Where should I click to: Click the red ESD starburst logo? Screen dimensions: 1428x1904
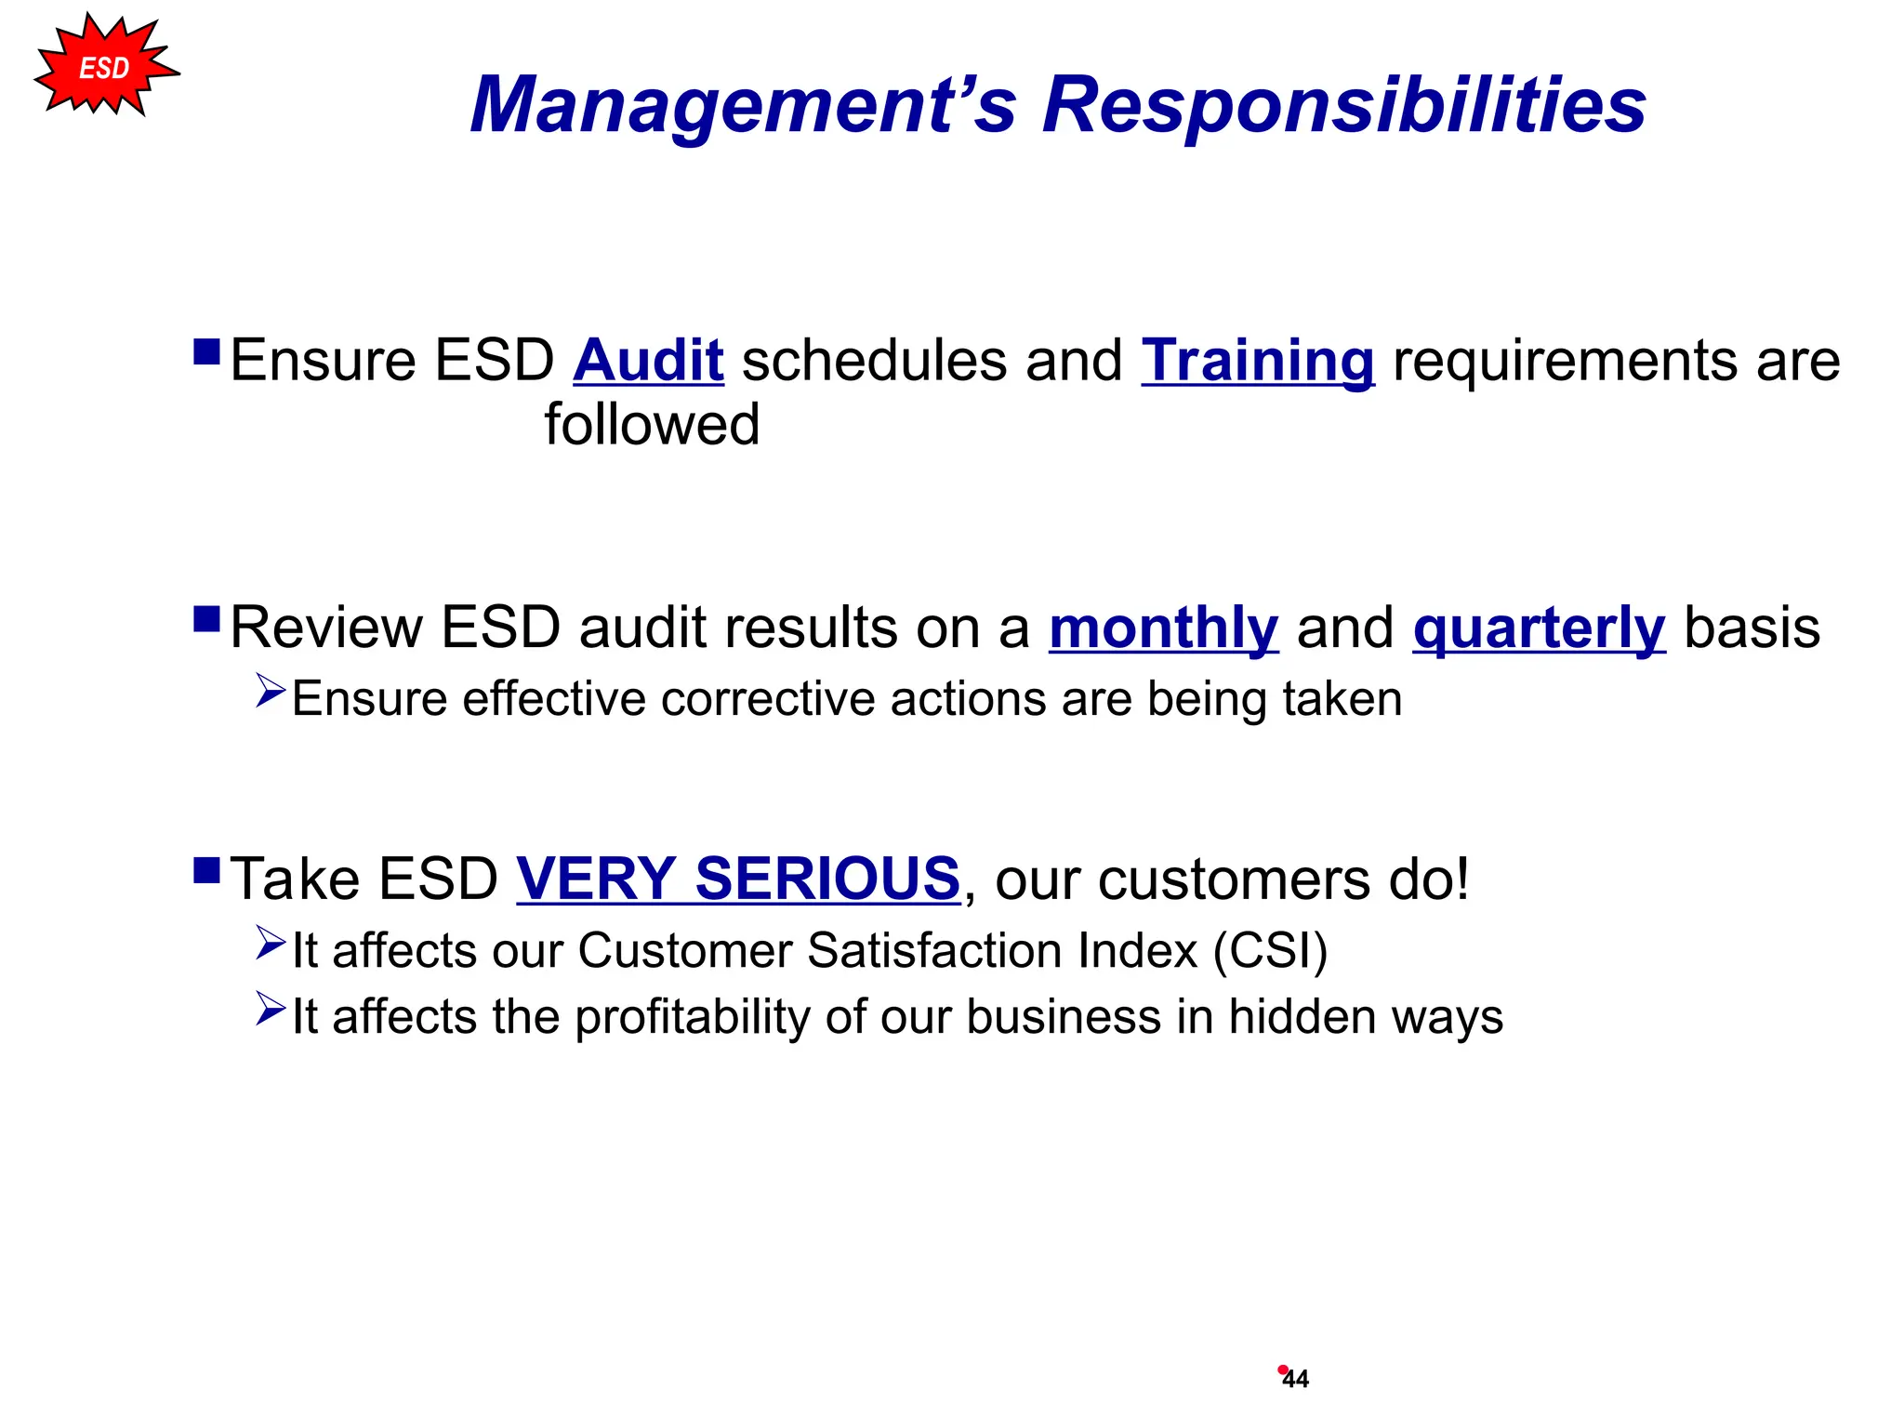pos(105,67)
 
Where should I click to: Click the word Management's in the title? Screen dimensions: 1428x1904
pos(743,105)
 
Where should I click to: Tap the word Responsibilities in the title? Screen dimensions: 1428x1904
pos(1343,105)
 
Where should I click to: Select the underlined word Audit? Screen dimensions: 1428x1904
pos(648,361)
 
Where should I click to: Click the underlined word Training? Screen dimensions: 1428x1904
pos(1257,361)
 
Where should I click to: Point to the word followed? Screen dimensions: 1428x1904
pos(652,425)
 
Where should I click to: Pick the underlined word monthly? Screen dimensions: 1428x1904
pos(1163,628)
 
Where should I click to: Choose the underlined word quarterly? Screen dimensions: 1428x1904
pos(1539,628)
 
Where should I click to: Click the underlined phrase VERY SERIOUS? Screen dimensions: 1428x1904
pos(738,879)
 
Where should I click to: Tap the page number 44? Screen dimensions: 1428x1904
pos(1295,1380)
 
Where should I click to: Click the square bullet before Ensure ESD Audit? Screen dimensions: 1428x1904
pos(206,351)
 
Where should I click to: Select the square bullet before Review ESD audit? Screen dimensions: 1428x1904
pos(206,619)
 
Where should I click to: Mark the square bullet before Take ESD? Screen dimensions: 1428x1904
pos(206,870)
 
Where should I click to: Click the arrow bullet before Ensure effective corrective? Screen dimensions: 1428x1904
pos(270,691)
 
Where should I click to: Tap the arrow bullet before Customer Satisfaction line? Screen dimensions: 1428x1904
pos(270,943)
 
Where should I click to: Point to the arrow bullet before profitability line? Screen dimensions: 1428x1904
pos(270,1009)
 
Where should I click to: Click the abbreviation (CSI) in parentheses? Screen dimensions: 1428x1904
pos(1270,951)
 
